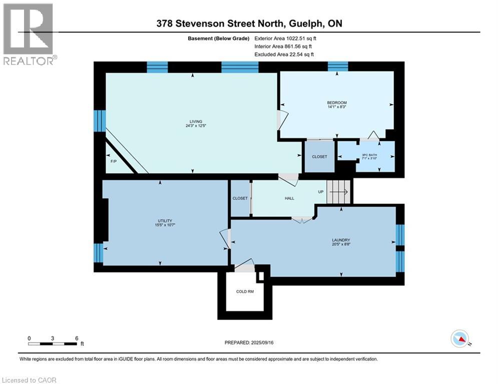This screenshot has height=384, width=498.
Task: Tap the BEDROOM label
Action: [x=336, y=103]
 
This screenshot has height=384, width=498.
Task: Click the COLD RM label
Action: [x=245, y=291]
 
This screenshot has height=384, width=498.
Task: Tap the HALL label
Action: [x=289, y=198]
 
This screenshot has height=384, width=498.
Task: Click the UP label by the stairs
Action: [x=321, y=191]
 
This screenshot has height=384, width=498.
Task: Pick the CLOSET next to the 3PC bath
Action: [x=319, y=156]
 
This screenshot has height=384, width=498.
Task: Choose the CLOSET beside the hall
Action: [x=240, y=198]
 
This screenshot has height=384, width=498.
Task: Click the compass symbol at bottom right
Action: [x=459, y=339]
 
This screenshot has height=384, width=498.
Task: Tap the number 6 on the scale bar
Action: [x=76, y=338]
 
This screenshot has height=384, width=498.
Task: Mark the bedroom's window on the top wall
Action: [x=337, y=66]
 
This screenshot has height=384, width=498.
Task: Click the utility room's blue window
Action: [x=99, y=253]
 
